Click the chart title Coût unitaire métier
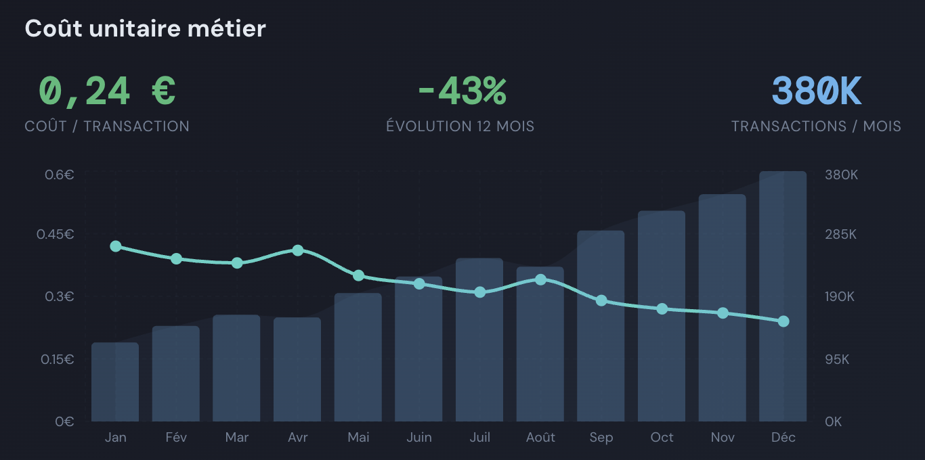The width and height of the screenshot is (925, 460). [x=145, y=28]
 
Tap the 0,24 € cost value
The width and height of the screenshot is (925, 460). [x=107, y=91]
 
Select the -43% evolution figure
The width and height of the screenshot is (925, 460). [x=462, y=91]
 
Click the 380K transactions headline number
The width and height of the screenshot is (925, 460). [x=817, y=91]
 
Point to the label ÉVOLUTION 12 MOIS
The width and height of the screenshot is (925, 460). [x=460, y=127]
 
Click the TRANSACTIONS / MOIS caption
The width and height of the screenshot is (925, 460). [x=816, y=127]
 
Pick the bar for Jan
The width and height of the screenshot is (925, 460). [x=115, y=382]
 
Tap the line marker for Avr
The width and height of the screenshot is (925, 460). [x=298, y=250]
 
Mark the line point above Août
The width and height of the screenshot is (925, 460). [x=540, y=279]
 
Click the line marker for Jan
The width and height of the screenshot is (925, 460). [x=116, y=246]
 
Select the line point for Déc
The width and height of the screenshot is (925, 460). [x=783, y=321]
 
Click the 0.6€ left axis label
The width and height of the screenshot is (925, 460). [x=60, y=175]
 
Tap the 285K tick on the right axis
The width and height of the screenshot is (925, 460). [x=841, y=235]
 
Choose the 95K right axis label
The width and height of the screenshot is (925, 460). [x=837, y=359]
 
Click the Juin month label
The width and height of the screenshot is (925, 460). [x=419, y=438]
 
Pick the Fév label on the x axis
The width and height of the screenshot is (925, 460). [x=176, y=438]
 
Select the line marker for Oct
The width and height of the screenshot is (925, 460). [x=662, y=309]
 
